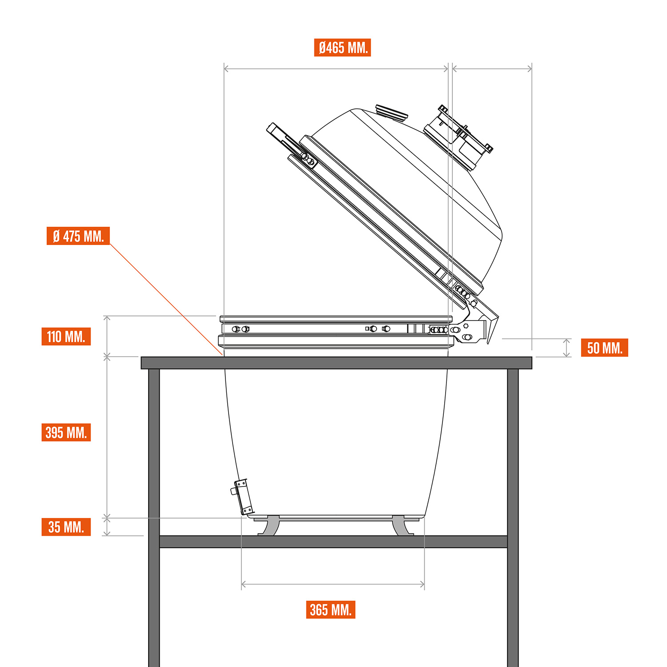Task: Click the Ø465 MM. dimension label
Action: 342,48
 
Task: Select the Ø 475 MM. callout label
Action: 78,236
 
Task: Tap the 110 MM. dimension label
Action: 66,337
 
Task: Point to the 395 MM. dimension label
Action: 66,432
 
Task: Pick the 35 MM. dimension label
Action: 66,527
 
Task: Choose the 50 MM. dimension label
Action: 604,348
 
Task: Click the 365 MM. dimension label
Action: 331,610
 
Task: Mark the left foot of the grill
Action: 269,526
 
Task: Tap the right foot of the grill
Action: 402,526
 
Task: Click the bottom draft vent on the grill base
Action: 242,497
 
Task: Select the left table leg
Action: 154,518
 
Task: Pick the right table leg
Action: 513,518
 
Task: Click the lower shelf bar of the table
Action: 333,542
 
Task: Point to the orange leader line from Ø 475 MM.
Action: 166,299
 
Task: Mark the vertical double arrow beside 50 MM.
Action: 567,348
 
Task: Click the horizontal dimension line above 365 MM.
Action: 333,584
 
